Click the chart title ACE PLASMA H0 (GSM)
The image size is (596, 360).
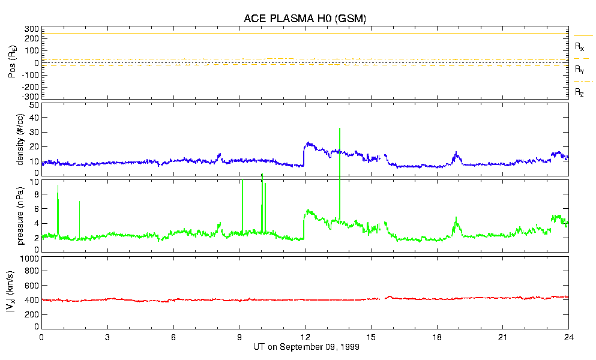(x=304, y=19)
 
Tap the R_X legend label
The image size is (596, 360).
(x=580, y=46)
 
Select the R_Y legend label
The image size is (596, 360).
(x=580, y=70)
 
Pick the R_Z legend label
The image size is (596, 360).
(x=580, y=92)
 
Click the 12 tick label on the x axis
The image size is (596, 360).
(x=305, y=337)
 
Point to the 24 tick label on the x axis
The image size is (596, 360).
(x=568, y=337)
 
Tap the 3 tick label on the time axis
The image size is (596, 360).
(x=107, y=337)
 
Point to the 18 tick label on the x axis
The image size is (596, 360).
(x=437, y=337)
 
